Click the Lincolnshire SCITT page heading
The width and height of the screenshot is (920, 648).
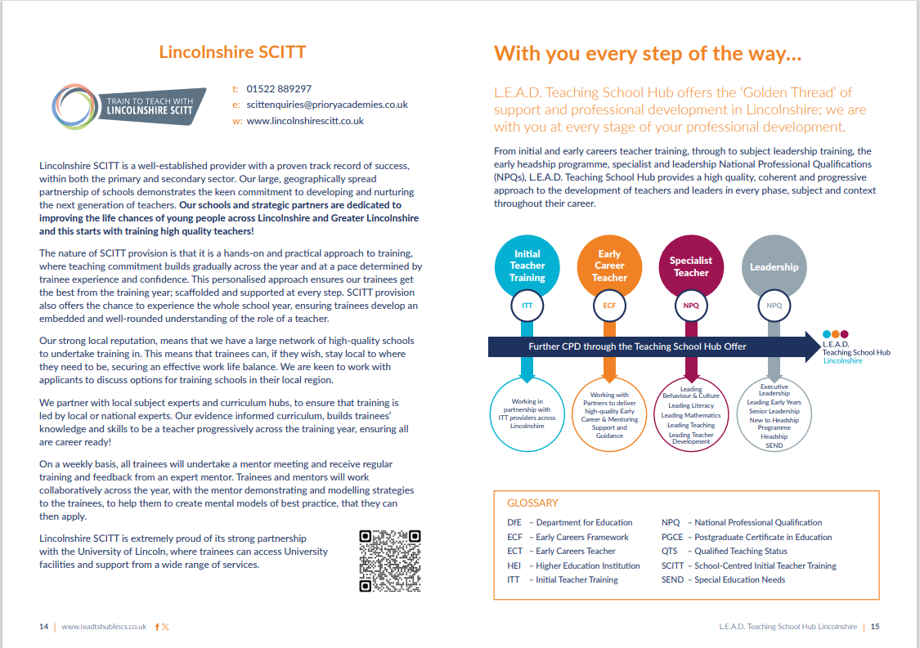(x=232, y=52)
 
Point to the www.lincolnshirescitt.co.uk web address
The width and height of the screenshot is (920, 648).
(x=304, y=121)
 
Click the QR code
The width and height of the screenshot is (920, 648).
(x=390, y=561)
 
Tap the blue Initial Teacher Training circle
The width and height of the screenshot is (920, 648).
(x=527, y=266)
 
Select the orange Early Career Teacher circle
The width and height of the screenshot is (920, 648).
(x=609, y=266)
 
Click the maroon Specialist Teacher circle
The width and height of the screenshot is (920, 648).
(x=691, y=266)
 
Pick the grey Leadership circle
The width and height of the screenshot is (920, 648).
(x=774, y=266)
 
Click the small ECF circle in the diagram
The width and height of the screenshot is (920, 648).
(x=609, y=306)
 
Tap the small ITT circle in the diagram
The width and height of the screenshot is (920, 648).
(x=527, y=306)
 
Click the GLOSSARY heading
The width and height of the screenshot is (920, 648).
(x=532, y=503)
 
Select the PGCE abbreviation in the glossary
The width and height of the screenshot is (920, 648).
(x=672, y=538)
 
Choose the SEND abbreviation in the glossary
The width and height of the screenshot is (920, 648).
(x=672, y=580)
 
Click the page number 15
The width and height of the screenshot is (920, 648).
(x=875, y=627)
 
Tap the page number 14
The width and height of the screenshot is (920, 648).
(x=43, y=627)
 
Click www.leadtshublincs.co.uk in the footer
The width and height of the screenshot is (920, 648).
(x=104, y=627)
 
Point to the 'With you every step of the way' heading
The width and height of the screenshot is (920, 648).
(x=648, y=55)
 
